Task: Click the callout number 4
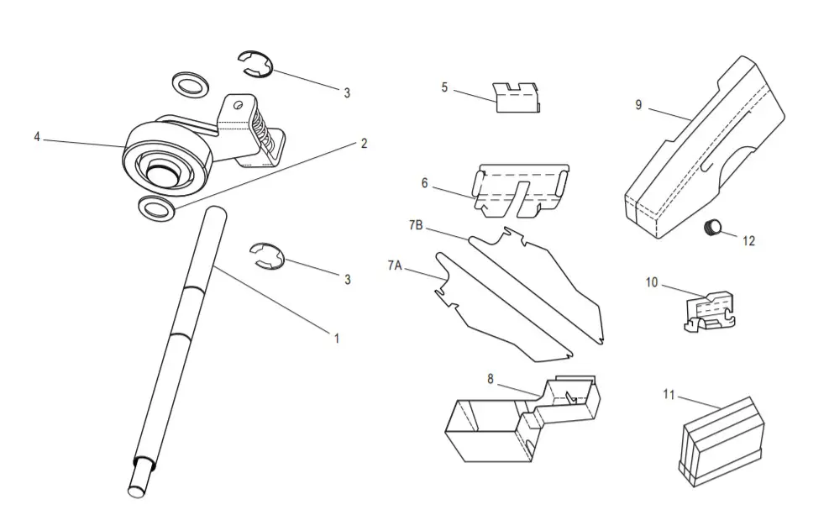[x=36, y=136]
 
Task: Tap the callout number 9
[x=638, y=105]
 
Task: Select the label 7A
[x=395, y=265]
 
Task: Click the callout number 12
[x=748, y=241]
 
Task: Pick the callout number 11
[x=669, y=393]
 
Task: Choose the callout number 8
[x=491, y=378]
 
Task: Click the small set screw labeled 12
[x=714, y=226]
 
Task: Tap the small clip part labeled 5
[x=516, y=97]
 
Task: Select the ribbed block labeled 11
[x=721, y=439]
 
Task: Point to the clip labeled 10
[x=709, y=311]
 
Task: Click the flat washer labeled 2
[x=156, y=208]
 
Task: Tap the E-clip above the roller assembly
[x=254, y=66]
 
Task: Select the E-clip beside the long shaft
[x=269, y=255]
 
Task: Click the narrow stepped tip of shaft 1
[x=138, y=482]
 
